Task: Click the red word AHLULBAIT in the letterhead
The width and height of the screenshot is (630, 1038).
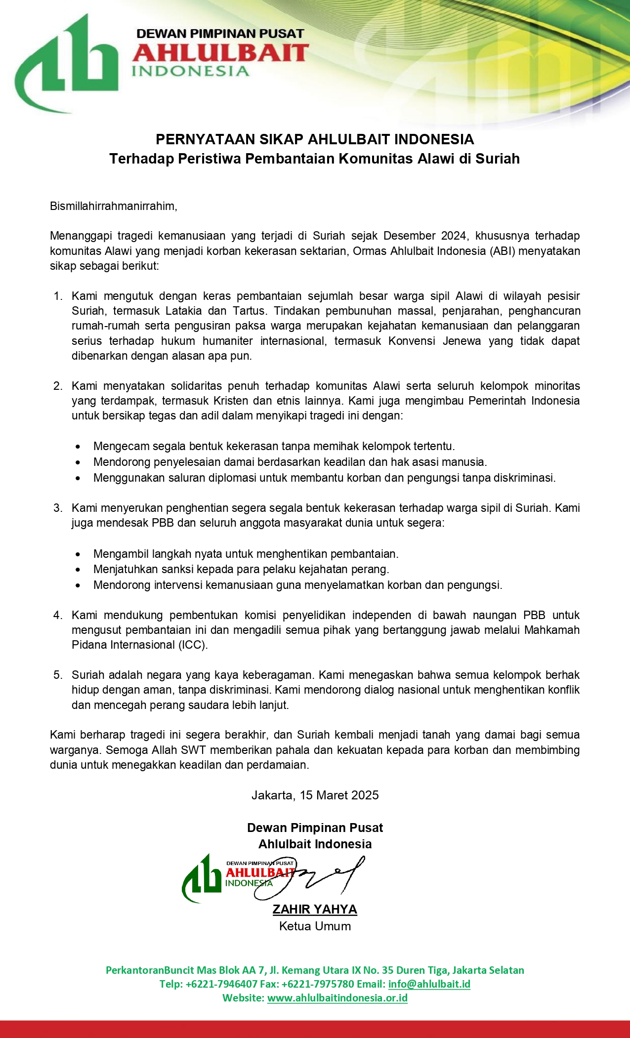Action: [x=220, y=53]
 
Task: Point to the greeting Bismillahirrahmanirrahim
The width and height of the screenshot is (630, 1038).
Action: [x=113, y=206]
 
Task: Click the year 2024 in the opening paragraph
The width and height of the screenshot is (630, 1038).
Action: [x=454, y=236]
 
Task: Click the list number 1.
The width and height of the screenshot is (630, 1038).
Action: [x=58, y=296]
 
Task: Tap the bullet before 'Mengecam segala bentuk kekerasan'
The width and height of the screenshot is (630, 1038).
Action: [x=78, y=447]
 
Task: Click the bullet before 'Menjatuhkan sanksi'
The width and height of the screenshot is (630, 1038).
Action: [x=78, y=570]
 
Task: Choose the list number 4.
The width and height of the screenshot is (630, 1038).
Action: [x=58, y=615]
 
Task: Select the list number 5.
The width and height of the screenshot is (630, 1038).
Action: [x=58, y=675]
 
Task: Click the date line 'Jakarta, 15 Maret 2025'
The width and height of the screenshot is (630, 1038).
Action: [x=315, y=795]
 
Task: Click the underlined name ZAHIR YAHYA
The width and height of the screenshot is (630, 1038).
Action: [x=315, y=909]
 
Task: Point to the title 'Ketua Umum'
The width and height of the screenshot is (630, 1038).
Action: [x=315, y=926]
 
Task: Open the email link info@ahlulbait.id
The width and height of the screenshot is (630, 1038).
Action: [x=429, y=984]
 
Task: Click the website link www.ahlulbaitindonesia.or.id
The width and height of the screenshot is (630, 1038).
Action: [x=337, y=997]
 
